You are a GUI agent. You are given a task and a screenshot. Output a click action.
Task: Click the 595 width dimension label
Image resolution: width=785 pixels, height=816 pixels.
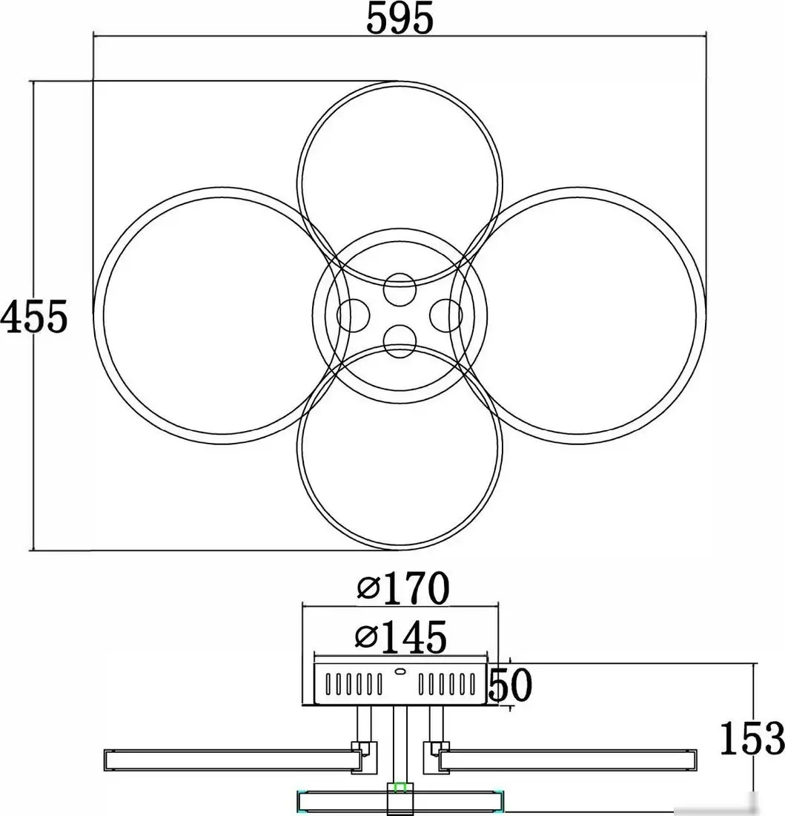tap(400, 19)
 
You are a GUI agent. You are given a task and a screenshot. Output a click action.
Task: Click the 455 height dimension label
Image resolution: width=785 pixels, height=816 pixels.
tap(34, 317)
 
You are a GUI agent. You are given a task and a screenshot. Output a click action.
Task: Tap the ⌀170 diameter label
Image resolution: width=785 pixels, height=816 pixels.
tap(403, 588)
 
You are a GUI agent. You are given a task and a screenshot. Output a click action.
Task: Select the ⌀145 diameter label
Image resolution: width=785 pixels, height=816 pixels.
tap(401, 636)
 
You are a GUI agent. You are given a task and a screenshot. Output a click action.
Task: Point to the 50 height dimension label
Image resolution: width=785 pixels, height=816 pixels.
tap(511, 685)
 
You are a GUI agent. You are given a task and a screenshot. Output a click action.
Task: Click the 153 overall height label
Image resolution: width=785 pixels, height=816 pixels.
tap(752, 738)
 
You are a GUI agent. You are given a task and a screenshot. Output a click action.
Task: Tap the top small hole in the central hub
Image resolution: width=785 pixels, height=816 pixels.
tap(400, 289)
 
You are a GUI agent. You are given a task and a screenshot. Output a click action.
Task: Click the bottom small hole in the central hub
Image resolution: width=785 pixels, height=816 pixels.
tap(400, 341)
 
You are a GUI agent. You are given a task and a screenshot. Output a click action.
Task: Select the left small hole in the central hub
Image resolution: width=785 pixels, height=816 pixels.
tap(353, 315)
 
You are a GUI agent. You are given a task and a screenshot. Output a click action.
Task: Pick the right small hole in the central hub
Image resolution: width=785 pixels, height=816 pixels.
tap(446, 315)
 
